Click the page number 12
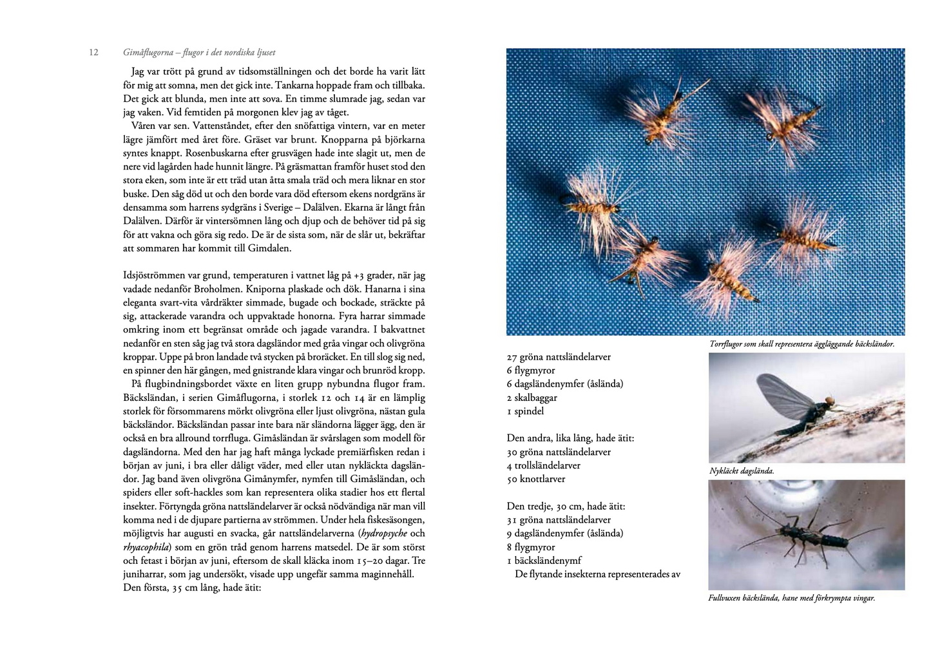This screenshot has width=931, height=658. (x=93, y=52)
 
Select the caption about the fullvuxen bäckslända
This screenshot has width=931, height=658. (x=791, y=598)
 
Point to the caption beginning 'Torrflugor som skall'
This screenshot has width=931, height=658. (x=801, y=344)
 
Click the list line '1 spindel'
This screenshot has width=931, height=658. (x=525, y=411)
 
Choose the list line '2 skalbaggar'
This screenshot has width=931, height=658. (x=532, y=398)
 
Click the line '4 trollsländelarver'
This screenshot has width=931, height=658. (x=543, y=465)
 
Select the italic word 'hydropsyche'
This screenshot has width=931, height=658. (x=384, y=534)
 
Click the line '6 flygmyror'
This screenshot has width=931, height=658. (x=530, y=371)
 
